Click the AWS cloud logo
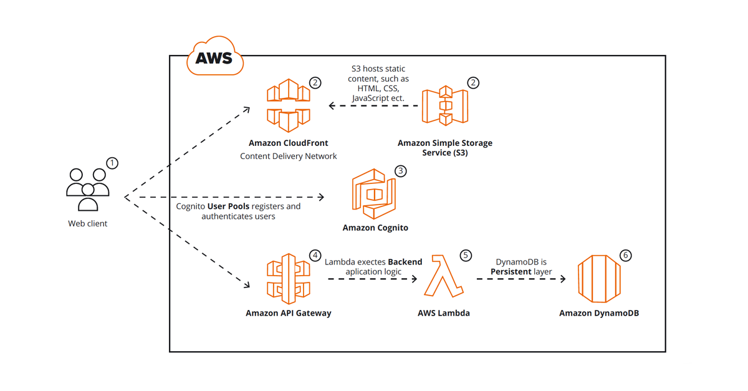(x=215, y=57)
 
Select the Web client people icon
(x=88, y=190)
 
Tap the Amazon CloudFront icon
(x=288, y=105)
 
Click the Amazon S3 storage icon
(x=445, y=105)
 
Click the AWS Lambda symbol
(x=443, y=276)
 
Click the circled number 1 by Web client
(x=112, y=163)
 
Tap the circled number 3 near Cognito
(x=401, y=171)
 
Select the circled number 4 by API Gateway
(x=315, y=256)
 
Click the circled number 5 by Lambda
(x=466, y=256)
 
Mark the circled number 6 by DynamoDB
(x=626, y=256)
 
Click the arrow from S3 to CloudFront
(x=373, y=106)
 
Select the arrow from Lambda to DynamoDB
(x=521, y=279)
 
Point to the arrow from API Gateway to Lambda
(x=372, y=279)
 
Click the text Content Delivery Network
(x=288, y=157)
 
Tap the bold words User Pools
(x=228, y=206)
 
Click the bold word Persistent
(x=511, y=272)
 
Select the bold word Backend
(x=405, y=262)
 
